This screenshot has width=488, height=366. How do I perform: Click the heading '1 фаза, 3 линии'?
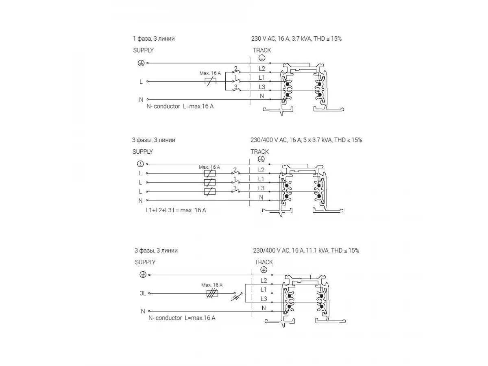click(x=154, y=39)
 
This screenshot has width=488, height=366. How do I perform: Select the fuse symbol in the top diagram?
click(x=210, y=81)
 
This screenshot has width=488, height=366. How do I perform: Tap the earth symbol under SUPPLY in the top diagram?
click(x=140, y=63)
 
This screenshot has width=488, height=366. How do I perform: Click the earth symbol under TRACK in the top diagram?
click(x=262, y=58)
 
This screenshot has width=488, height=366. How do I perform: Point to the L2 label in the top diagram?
click(x=262, y=69)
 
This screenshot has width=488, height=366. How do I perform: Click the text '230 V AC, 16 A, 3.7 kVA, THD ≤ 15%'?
click(x=296, y=39)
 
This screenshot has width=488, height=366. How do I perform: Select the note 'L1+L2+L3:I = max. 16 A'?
click(x=176, y=210)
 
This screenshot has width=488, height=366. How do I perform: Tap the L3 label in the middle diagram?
click(x=261, y=188)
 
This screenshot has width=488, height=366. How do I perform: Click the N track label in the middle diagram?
click(x=261, y=197)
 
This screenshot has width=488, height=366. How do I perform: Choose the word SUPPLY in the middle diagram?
click(x=143, y=152)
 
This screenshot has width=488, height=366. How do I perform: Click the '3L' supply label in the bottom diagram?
click(x=143, y=293)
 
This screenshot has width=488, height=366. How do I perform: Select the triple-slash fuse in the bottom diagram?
click(x=211, y=293)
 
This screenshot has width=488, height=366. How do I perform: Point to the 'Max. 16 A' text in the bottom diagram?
click(x=212, y=285)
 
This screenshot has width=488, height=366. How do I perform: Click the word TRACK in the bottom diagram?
click(x=264, y=262)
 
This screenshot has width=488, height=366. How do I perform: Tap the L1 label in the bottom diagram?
click(x=264, y=290)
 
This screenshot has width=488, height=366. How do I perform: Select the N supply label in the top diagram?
click(x=141, y=100)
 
